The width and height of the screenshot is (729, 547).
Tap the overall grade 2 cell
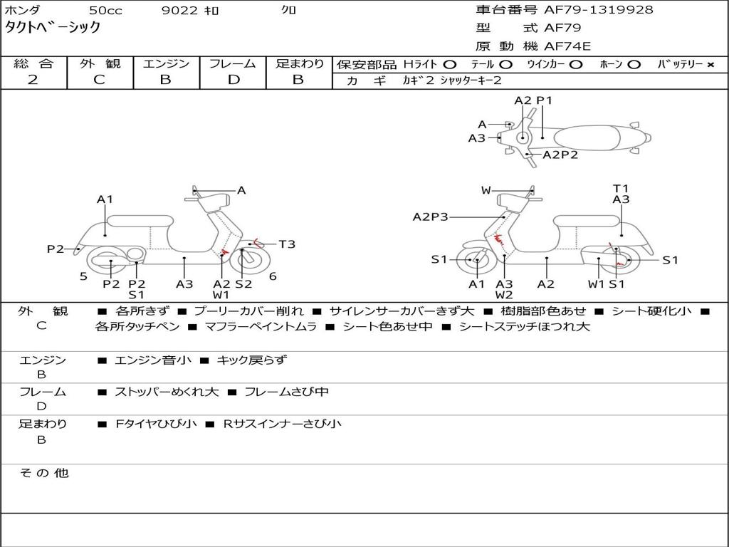coord(33,80)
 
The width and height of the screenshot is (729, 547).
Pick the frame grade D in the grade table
coord(234,80)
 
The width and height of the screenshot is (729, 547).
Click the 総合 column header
coord(33,63)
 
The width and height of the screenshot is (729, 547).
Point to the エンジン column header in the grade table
coord(166,63)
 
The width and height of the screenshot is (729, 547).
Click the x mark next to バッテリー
coord(710,65)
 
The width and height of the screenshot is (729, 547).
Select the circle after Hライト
coord(450,65)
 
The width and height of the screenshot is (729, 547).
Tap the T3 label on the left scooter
coord(286,244)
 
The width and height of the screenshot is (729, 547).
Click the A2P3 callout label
coord(430,217)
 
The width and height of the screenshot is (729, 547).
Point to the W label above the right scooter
coord(486,190)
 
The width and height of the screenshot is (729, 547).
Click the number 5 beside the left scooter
coord(83,276)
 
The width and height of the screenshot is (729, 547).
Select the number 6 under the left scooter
coord(273,276)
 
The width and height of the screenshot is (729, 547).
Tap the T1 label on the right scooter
coord(621,189)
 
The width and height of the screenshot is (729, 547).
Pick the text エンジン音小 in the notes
coord(153,360)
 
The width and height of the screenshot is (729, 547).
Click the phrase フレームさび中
coord(286,392)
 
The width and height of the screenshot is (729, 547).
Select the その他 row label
coord(43,473)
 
